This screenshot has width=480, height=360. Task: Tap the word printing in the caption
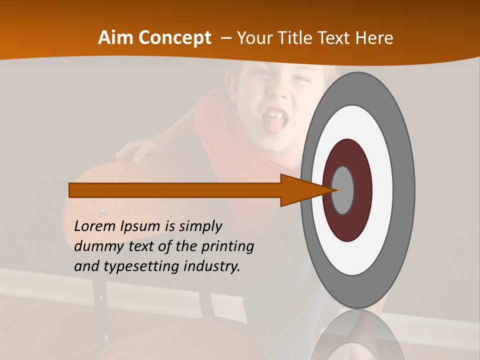[x=227, y=246]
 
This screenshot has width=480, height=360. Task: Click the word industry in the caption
[x=212, y=266]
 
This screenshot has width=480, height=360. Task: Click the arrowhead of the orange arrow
[x=305, y=190]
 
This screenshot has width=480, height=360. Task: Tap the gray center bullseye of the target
[x=342, y=190]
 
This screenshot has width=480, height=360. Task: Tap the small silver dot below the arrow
[x=104, y=212]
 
